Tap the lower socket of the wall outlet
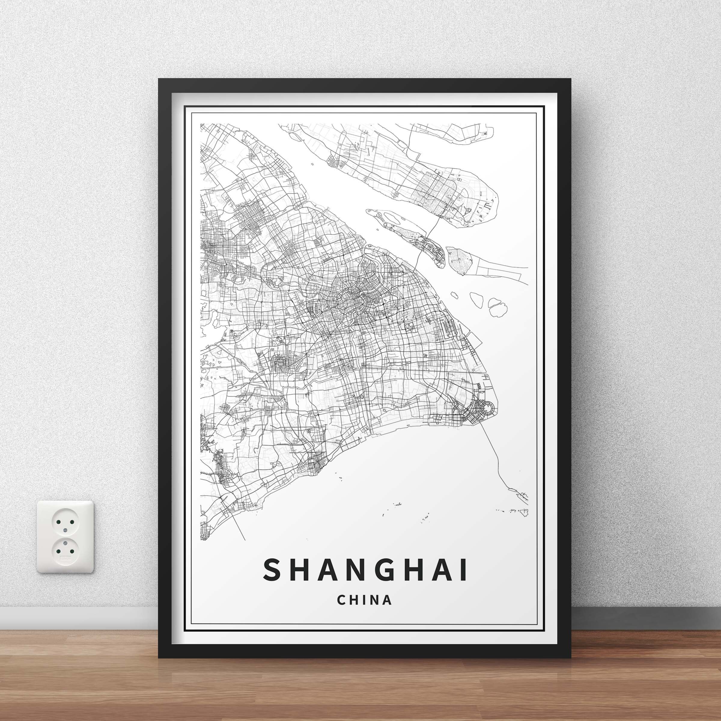(x=65, y=548)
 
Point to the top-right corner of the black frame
(x=570, y=80)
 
